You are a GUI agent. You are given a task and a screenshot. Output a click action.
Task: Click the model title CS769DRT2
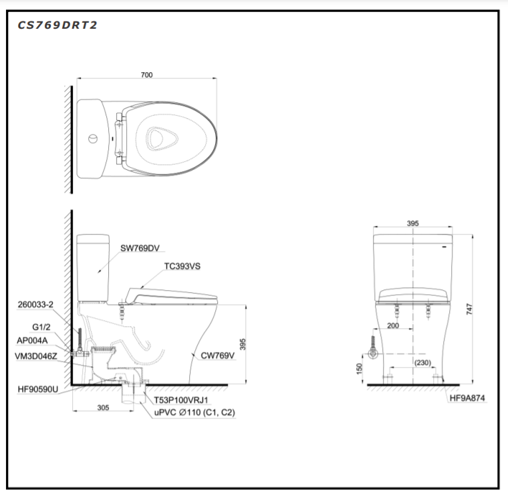[x=57, y=25]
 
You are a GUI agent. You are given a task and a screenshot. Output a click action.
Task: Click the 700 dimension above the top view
[x=146, y=75]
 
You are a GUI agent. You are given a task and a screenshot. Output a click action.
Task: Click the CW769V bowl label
[x=218, y=356]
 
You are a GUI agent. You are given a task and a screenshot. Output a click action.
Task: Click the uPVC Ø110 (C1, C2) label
[x=194, y=413]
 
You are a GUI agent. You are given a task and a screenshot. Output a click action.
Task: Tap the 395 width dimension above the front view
[x=412, y=223]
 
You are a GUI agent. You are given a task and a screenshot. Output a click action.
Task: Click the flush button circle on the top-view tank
[x=94, y=139]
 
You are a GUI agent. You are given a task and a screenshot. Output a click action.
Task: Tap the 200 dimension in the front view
[x=392, y=326]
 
